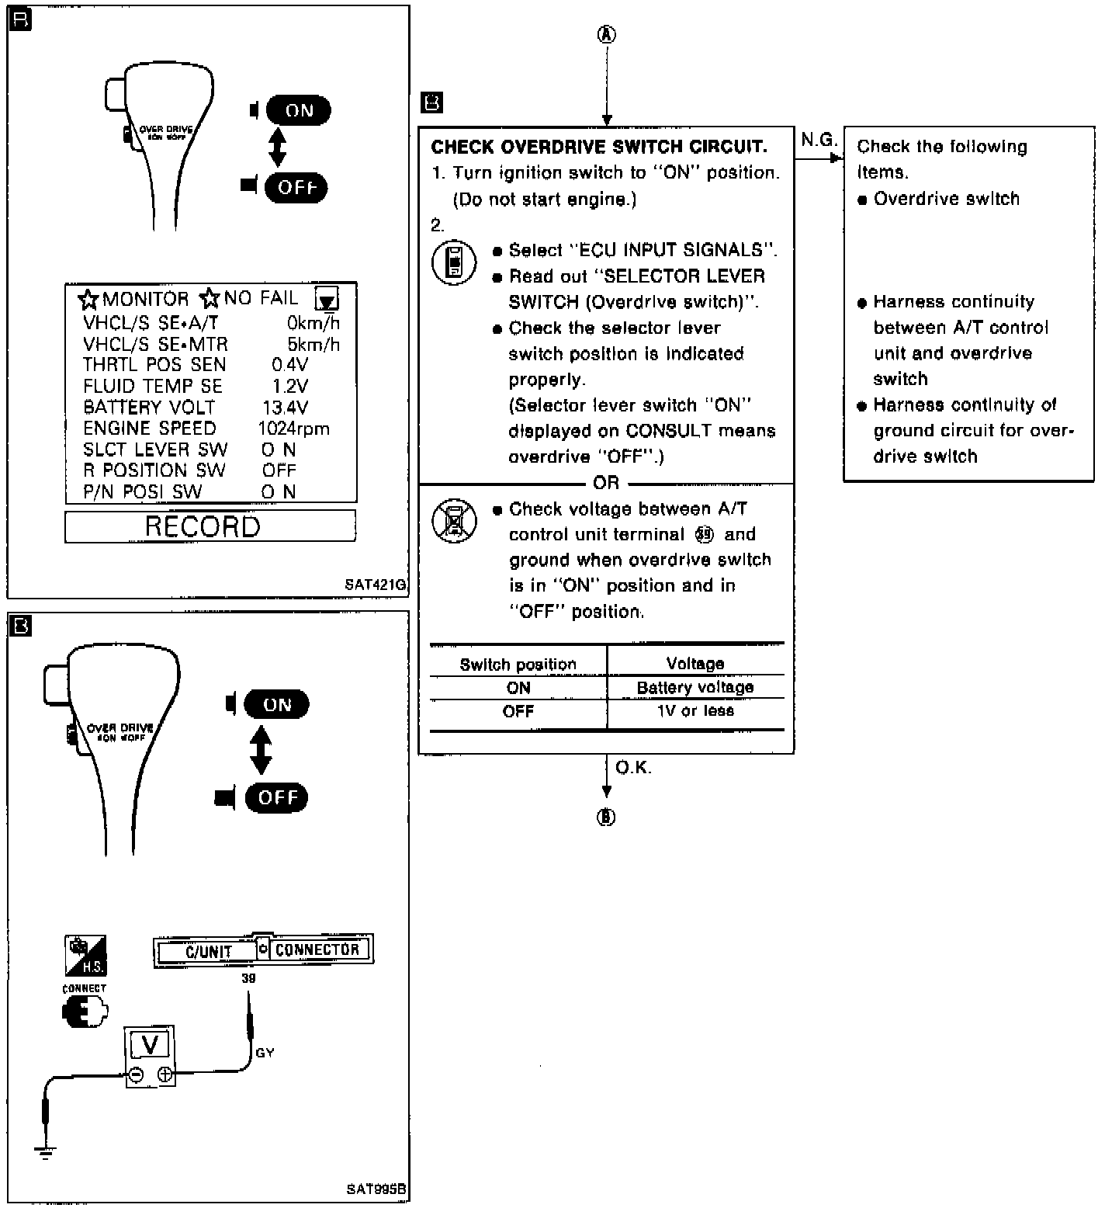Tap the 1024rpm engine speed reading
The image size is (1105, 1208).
(293, 429)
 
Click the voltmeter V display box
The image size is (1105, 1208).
(150, 1045)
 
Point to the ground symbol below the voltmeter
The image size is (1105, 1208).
(46, 1151)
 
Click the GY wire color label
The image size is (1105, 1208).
(265, 1053)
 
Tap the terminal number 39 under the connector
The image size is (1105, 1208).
(248, 978)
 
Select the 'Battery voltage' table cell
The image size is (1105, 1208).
(695, 688)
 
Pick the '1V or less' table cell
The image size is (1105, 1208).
(695, 711)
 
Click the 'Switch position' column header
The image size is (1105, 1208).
(518, 665)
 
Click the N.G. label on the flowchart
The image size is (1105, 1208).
(819, 141)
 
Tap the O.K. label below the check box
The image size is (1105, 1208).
(633, 768)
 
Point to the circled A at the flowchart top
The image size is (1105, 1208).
(607, 35)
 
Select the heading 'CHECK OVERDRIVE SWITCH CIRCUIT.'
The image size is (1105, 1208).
(598, 148)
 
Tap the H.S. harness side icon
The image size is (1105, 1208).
(85, 955)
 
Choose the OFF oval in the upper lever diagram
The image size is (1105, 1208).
(296, 187)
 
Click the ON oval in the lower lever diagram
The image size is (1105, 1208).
(276, 705)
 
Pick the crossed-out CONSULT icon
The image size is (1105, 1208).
(454, 521)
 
